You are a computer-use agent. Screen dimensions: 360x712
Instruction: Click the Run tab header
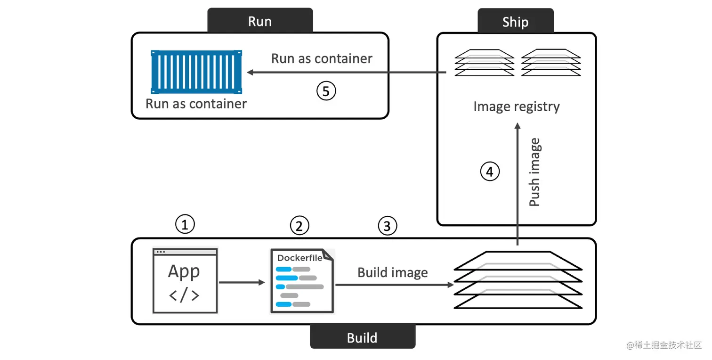tap(259, 21)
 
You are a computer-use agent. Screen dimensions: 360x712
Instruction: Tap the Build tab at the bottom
tap(362, 337)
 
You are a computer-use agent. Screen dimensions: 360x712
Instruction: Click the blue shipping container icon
tap(196, 72)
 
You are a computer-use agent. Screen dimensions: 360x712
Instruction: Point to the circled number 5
tap(326, 91)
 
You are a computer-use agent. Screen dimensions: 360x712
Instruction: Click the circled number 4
tap(490, 172)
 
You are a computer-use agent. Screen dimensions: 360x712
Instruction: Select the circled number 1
tap(185, 225)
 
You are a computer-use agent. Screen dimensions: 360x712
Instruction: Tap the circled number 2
tap(299, 226)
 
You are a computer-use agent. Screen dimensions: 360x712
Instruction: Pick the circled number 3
tap(387, 226)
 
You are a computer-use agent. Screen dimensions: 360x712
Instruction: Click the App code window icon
tap(185, 281)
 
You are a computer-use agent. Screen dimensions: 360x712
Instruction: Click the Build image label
tap(392, 273)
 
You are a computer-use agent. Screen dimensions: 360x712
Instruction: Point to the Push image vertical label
tap(534, 172)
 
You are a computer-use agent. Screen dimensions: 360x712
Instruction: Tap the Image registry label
tap(517, 106)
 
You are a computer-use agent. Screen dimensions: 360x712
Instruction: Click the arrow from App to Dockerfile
tap(242, 282)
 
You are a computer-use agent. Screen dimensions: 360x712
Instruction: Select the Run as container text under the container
tap(196, 104)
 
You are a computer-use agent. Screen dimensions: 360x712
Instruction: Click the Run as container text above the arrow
tap(322, 58)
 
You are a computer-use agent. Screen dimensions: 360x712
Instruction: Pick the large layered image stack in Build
tap(518, 280)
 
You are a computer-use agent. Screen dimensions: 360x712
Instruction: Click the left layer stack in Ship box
tap(484, 62)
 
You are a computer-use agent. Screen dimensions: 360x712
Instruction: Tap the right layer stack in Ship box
tap(551, 62)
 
